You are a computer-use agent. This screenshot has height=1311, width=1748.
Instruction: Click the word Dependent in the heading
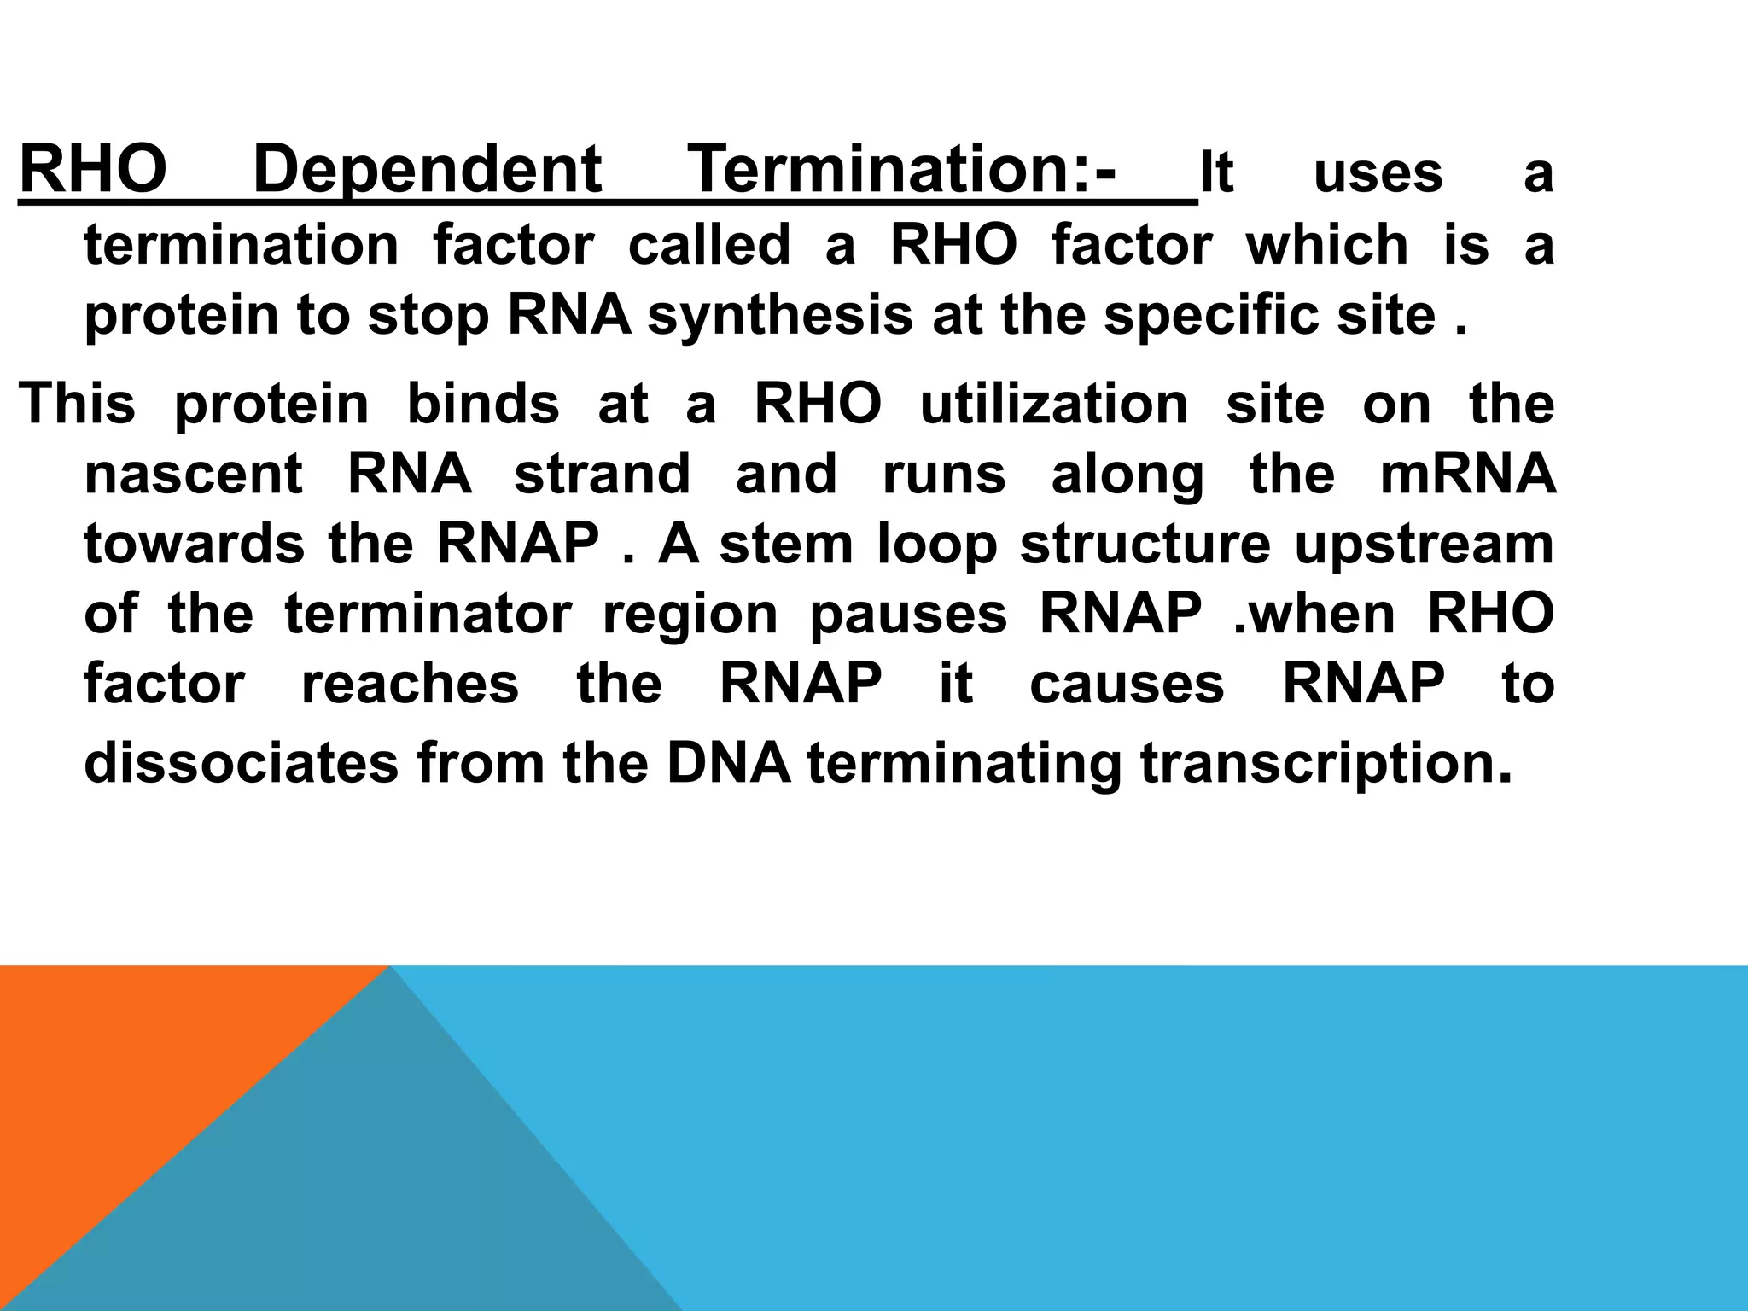click(x=428, y=171)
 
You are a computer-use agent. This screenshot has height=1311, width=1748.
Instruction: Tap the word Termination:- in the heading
click(x=901, y=171)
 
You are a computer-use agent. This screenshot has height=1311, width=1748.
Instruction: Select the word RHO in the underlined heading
click(x=93, y=171)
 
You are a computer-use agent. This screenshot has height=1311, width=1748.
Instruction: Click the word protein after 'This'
click(x=271, y=404)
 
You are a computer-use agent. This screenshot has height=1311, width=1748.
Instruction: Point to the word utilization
click(x=1053, y=404)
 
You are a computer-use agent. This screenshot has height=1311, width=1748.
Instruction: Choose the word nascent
click(x=194, y=474)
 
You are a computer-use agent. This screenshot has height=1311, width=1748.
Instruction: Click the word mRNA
click(x=1467, y=474)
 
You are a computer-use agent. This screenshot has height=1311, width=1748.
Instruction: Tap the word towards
click(x=194, y=544)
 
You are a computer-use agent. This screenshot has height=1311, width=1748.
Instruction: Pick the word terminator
click(x=428, y=614)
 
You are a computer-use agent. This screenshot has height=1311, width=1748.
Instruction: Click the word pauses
click(x=908, y=615)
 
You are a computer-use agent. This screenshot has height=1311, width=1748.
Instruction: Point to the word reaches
click(x=410, y=684)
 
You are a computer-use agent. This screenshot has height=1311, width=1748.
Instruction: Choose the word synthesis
click(x=780, y=316)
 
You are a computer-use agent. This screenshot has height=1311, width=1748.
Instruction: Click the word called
click(x=709, y=245)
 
